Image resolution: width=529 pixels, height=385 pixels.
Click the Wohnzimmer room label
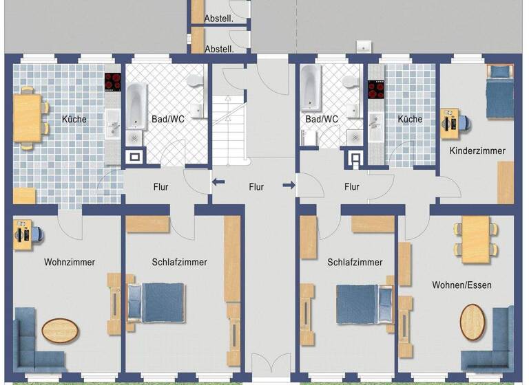click(70, 262)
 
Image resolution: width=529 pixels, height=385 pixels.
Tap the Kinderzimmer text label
click(477, 151)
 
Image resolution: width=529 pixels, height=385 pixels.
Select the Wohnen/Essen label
click(461, 285)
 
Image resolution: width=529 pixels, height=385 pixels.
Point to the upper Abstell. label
click(219, 19)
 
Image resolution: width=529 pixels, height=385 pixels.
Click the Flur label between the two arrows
click(256, 186)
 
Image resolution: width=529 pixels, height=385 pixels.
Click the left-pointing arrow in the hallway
click(218, 182)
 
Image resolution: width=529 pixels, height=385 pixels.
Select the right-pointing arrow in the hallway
click(289, 184)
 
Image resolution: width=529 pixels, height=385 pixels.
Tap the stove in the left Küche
click(112, 82)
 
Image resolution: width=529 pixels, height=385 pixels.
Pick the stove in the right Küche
click(376, 89)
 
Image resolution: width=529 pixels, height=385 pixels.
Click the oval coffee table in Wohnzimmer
click(61, 330)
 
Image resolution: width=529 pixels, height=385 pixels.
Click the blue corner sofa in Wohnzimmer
click(34, 344)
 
